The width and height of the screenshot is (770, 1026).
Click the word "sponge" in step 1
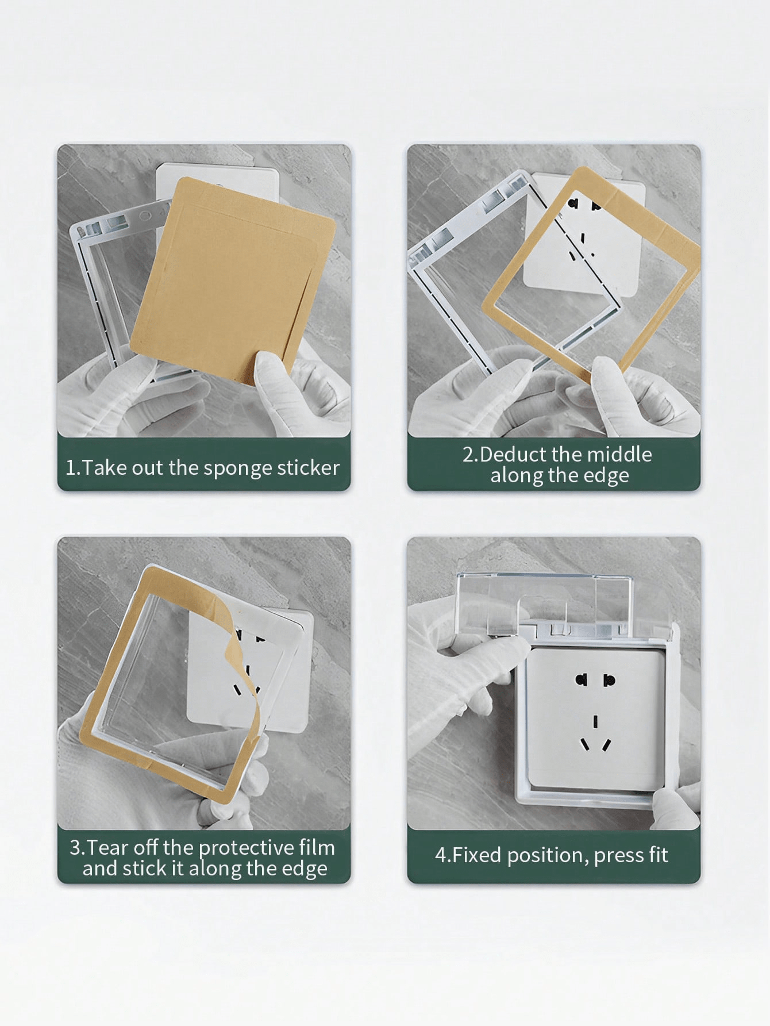(238, 468)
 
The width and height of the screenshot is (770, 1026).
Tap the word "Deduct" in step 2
(513, 455)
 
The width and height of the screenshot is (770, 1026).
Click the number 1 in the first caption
(70, 467)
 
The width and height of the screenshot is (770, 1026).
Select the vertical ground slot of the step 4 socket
(595, 721)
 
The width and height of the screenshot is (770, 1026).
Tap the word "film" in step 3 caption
(317, 848)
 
